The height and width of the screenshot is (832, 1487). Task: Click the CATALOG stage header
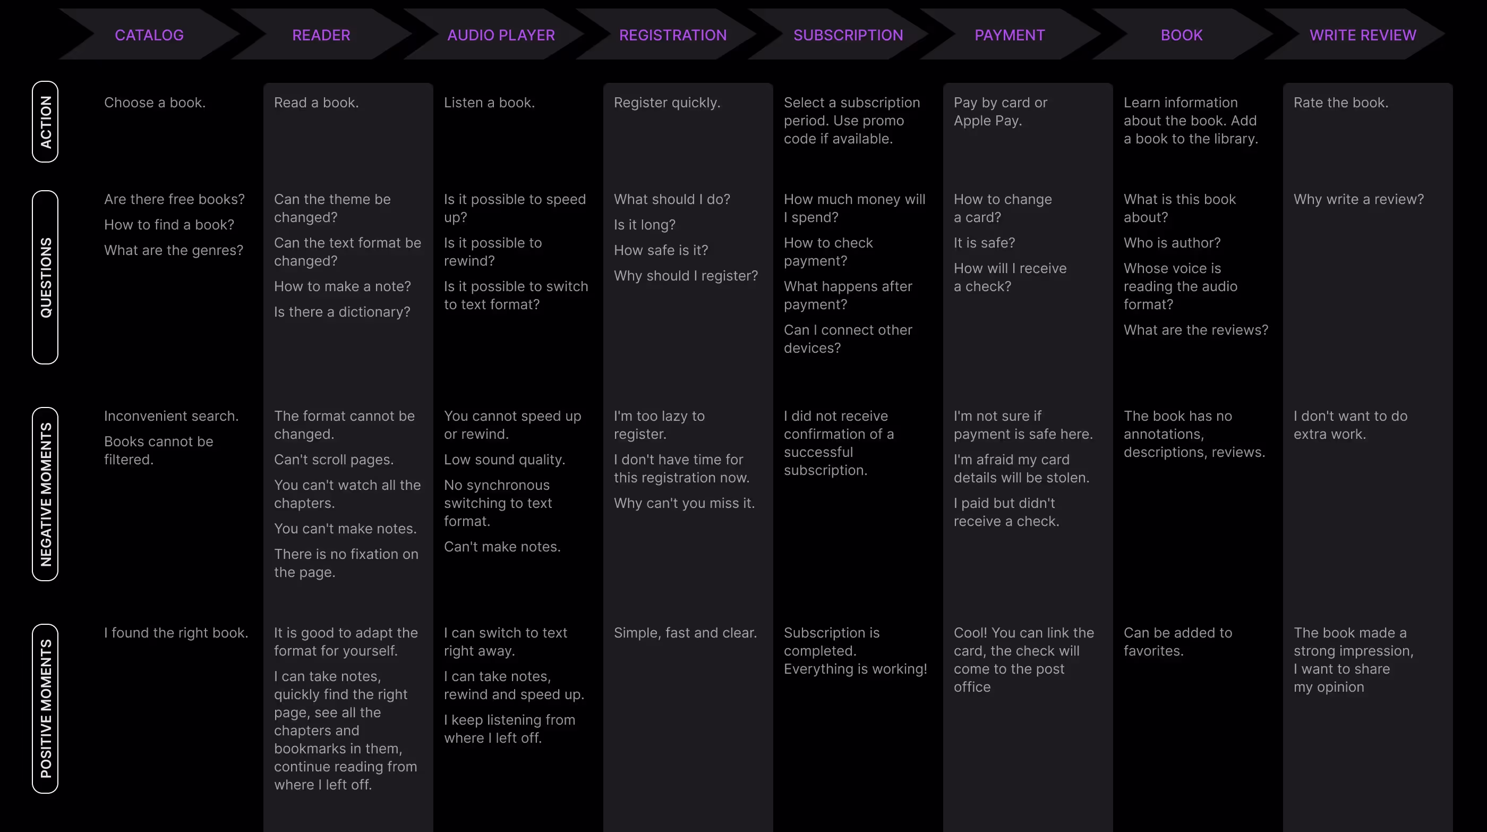click(149, 35)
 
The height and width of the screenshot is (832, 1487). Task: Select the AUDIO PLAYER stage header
click(500, 35)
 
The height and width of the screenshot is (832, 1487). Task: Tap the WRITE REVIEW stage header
click(1362, 35)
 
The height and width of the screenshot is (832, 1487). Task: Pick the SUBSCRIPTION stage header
click(848, 35)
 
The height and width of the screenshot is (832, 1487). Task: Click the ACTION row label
click(45, 122)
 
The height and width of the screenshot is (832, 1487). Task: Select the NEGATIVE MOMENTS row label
click(45, 494)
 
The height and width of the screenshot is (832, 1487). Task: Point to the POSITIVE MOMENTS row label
click(45, 708)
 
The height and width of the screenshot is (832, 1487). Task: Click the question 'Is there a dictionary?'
click(341, 312)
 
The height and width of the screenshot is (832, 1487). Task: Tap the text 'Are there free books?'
click(174, 199)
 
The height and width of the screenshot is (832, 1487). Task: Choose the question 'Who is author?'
click(1172, 242)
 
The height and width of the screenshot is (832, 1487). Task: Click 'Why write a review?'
click(1358, 199)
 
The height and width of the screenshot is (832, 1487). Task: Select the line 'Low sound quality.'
click(504, 460)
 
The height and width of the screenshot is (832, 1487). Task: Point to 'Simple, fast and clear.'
click(685, 633)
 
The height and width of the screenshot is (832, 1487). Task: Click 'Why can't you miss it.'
click(684, 503)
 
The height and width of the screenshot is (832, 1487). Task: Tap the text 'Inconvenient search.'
click(171, 415)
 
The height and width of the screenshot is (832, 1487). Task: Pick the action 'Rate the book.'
click(1340, 103)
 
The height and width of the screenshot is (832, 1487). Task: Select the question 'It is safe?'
click(984, 242)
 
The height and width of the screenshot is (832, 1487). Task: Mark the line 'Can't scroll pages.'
click(334, 460)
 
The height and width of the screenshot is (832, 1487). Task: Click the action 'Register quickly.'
click(666, 103)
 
